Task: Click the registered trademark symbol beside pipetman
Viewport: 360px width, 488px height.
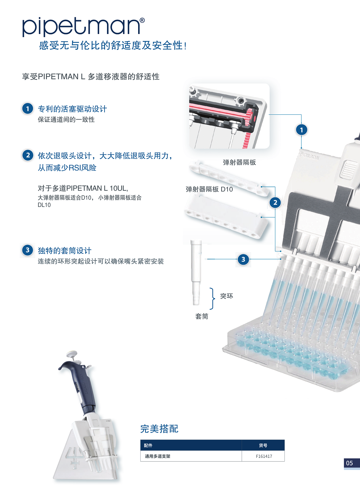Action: tap(142, 20)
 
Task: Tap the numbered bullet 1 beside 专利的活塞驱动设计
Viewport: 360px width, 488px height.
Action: tap(28, 108)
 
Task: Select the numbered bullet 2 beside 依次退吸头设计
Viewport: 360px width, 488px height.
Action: tap(28, 155)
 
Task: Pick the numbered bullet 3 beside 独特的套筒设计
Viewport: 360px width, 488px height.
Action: tap(28, 250)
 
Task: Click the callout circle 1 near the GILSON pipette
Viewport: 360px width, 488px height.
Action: tap(301, 130)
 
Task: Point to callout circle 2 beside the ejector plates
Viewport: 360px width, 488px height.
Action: tap(275, 202)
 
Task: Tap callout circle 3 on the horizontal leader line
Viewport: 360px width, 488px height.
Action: tap(243, 259)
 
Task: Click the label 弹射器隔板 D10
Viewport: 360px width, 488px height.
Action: tap(209, 189)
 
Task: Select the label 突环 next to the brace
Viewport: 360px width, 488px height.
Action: tap(227, 296)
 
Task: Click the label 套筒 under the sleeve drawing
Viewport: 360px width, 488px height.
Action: tap(202, 316)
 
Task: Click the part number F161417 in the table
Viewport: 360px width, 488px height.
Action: tap(264, 456)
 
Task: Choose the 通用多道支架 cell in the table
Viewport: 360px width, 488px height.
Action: tap(157, 456)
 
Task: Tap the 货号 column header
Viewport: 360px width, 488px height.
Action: tap(263, 446)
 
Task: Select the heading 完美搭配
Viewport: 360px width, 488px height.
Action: tap(159, 429)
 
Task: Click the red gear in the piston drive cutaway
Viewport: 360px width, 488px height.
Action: tap(250, 118)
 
